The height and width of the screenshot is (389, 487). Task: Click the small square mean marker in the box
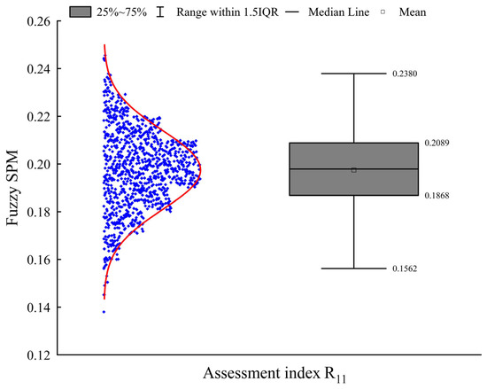pos(354,169)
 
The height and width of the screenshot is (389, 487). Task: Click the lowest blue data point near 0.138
pos(104,312)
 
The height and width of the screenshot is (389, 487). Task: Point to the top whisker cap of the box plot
pos(354,74)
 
